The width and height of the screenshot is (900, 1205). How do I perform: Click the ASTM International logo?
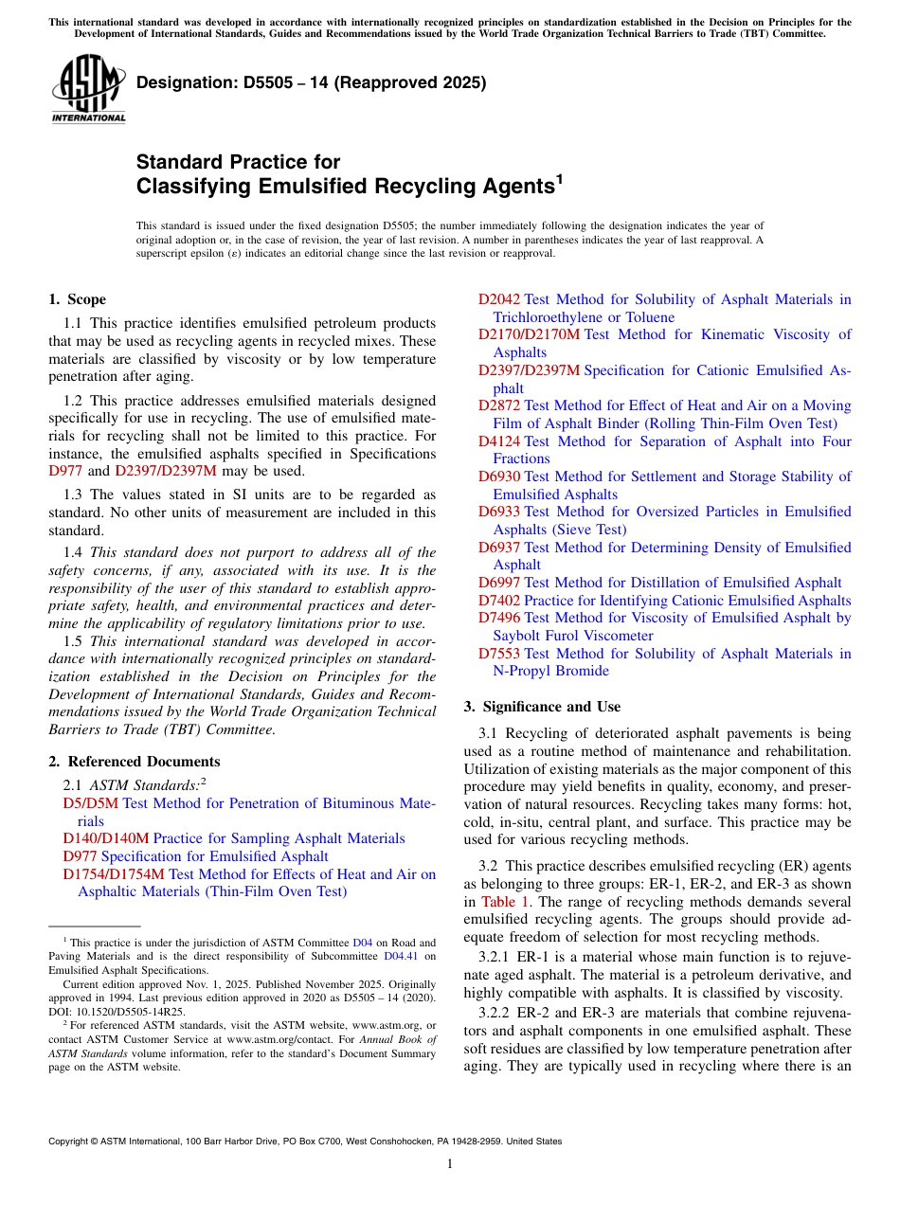(x=88, y=88)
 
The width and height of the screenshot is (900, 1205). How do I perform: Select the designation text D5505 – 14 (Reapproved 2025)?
(x=311, y=82)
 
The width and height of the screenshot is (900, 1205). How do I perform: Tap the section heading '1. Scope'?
(x=77, y=299)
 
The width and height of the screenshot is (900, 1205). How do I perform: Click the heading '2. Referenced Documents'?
(x=134, y=762)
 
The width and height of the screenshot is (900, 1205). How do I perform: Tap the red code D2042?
(x=498, y=299)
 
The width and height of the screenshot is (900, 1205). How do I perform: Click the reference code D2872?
(x=498, y=405)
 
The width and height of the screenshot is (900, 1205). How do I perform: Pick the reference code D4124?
(x=498, y=441)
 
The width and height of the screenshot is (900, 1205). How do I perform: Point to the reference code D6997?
(x=498, y=583)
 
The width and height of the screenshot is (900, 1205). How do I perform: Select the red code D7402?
(x=498, y=601)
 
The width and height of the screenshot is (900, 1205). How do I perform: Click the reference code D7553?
(x=498, y=654)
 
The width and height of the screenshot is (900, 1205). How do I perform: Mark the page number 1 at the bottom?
(x=450, y=1163)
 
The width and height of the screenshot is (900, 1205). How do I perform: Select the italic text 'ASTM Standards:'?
(x=144, y=784)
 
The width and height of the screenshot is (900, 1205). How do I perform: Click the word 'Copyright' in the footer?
(x=69, y=1142)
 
